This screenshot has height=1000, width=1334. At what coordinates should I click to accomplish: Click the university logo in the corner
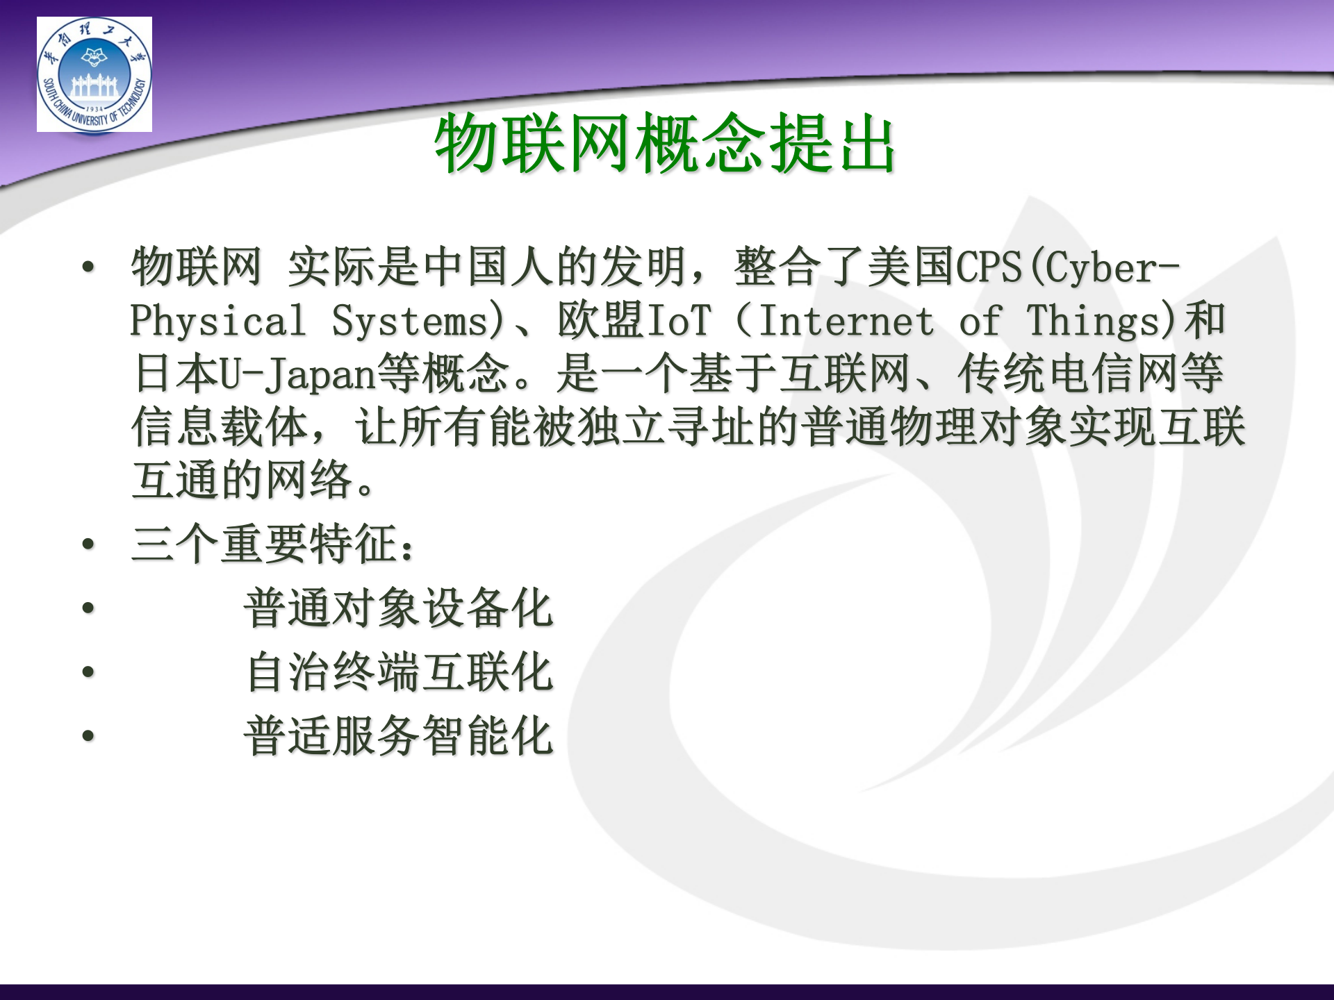(x=94, y=74)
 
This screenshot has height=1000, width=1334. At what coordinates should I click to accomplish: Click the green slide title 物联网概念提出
(x=665, y=143)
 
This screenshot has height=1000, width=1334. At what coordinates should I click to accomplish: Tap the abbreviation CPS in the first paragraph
(x=989, y=267)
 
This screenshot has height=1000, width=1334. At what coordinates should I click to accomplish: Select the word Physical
(x=217, y=321)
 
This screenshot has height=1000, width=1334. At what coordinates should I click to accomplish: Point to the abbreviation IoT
(x=679, y=321)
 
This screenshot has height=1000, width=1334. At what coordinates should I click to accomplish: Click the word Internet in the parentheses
(x=846, y=321)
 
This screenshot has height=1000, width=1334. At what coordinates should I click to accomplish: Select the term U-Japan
(x=297, y=374)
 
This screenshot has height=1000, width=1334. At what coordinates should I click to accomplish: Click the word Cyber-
(x=1112, y=267)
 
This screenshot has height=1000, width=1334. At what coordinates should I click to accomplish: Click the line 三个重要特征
(x=273, y=544)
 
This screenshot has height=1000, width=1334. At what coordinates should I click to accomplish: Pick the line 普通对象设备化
(x=398, y=608)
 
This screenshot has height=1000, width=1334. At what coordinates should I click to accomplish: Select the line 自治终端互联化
(x=400, y=672)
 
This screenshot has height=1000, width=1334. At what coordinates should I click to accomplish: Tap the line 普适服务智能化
(x=398, y=736)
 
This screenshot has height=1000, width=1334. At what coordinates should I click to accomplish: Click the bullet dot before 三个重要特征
(x=88, y=544)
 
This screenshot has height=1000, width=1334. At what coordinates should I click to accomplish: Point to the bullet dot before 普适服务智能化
(x=88, y=735)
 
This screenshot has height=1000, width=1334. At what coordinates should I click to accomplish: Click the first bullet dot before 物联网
(x=88, y=267)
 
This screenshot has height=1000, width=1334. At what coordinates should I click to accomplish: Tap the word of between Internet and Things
(x=980, y=321)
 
